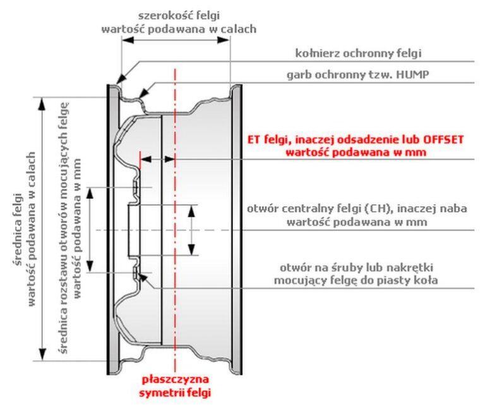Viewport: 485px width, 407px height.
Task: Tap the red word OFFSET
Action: tap(443, 140)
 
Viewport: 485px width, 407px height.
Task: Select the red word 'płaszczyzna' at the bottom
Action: tap(175, 380)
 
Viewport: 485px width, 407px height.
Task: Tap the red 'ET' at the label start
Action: tap(254, 140)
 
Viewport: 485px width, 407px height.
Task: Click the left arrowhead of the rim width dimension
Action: tap(128, 40)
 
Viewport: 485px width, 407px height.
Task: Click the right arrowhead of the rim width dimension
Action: tap(224, 40)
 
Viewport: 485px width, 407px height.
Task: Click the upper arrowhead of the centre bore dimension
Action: tap(192, 211)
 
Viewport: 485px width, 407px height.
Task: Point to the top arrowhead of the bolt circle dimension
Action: tap(90, 193)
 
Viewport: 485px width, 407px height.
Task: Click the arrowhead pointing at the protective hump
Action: tap(143, 94)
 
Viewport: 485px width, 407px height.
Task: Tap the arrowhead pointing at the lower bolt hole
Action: tap(143, 277)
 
